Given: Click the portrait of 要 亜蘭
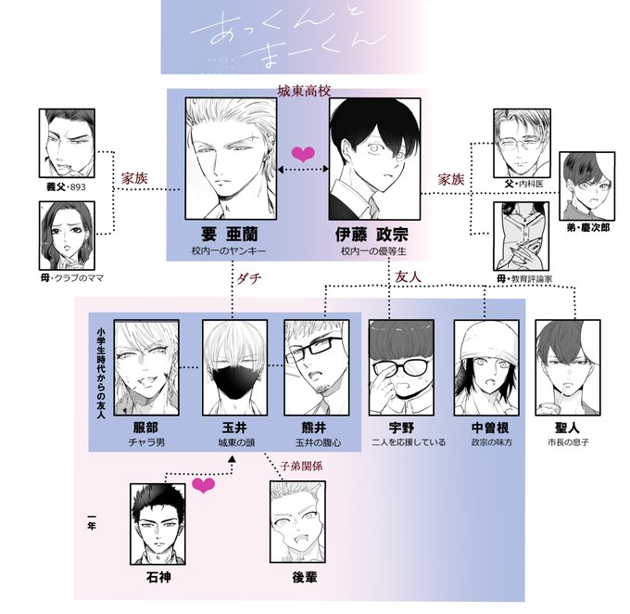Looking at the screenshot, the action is coord(228,155).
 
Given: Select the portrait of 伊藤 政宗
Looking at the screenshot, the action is coord(374,155).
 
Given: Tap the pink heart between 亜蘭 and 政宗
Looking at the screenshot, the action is coord(302,153).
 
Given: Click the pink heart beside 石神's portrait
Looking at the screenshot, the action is coord(204,486).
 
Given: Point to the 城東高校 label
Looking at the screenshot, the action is coord(305,91).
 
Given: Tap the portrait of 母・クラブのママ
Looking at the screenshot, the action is coord(67,234).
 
